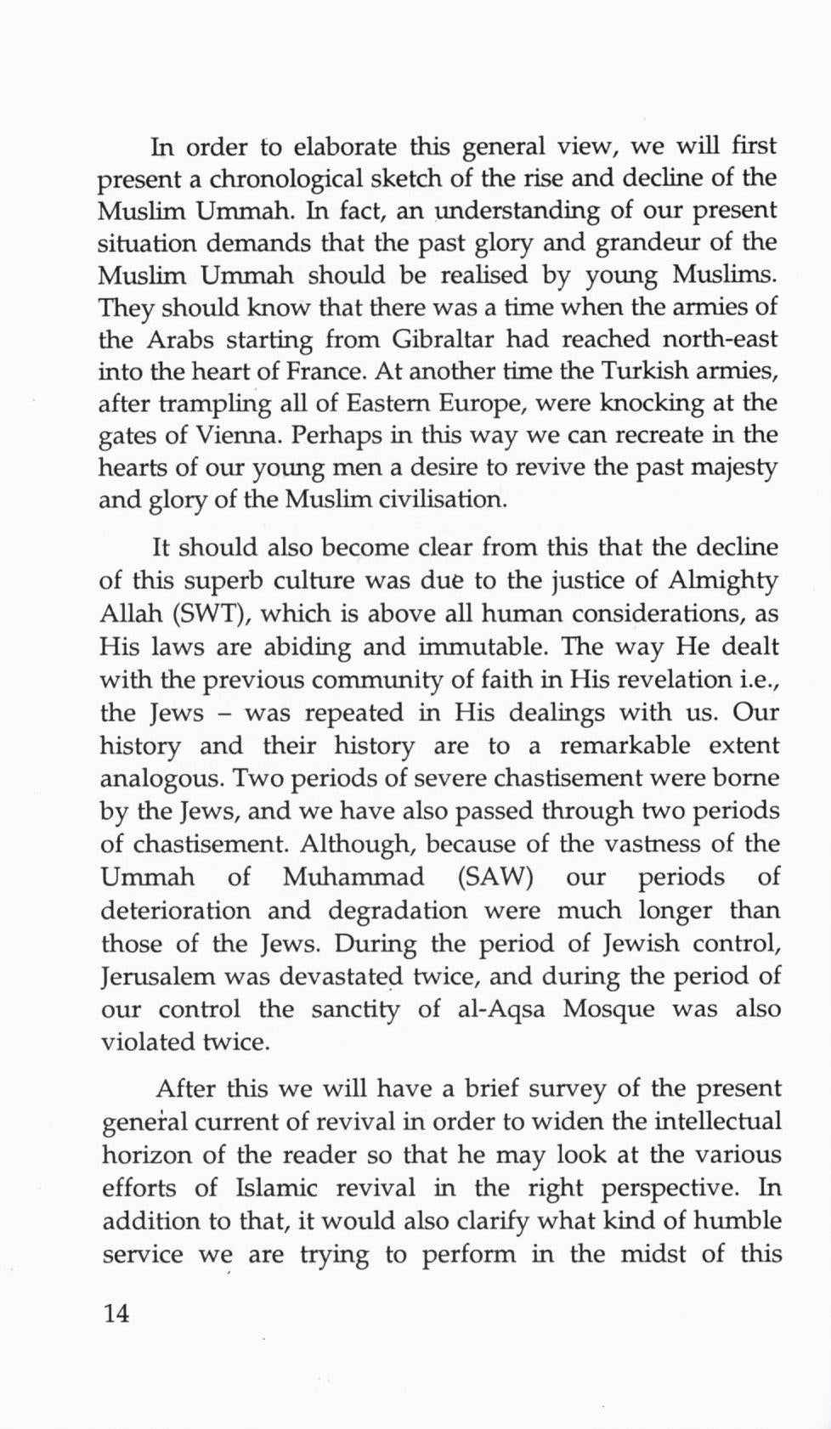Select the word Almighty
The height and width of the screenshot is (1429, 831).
click(723, 581)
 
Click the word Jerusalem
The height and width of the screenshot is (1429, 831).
click(158, 977)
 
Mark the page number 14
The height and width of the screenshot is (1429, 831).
click(116, 1313)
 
